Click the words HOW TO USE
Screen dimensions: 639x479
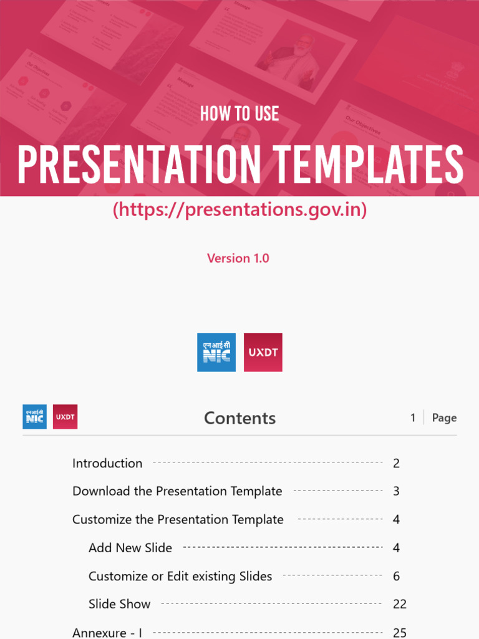pyautogui.click(x=239, y=114)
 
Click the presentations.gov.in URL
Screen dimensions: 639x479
pyautogui.click(x=239, y=210)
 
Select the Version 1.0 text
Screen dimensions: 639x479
pyautogui.click(x=238, y=258)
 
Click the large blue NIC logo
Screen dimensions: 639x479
pyautogui.click(x=216, y=353)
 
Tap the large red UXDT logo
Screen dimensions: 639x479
pyautogui.click(x=263, y=353)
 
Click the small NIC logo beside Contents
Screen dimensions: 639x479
pyautogui.click(x=35, y=417)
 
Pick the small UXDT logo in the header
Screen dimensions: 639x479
pyautogui.click(x=65, y=417)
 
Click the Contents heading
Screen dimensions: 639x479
pyautogui.click(x=239, y=418)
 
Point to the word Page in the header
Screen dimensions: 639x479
pyautogui.click(x=444, y=418)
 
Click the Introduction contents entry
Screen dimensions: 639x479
pyautogui.click(x=107, y=463)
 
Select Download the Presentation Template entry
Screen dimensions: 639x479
pyautogui.click(x=177, y=491)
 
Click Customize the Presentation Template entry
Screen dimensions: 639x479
pyautogui.click(x=178, y=519)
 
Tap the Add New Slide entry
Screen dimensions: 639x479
pyautogui.click(x=130, y=548)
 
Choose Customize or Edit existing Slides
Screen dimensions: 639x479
pyautogui.click(x=180, y=576)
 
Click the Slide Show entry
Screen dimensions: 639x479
pyautogui.click(x=120, y=604)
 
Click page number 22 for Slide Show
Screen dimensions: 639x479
pyautogui.click(x=400, y=604)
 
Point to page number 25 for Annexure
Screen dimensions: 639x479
pyautogui.click(x=400, y=633)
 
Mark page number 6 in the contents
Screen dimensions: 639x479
pyautogui.click(x=397, y=576)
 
